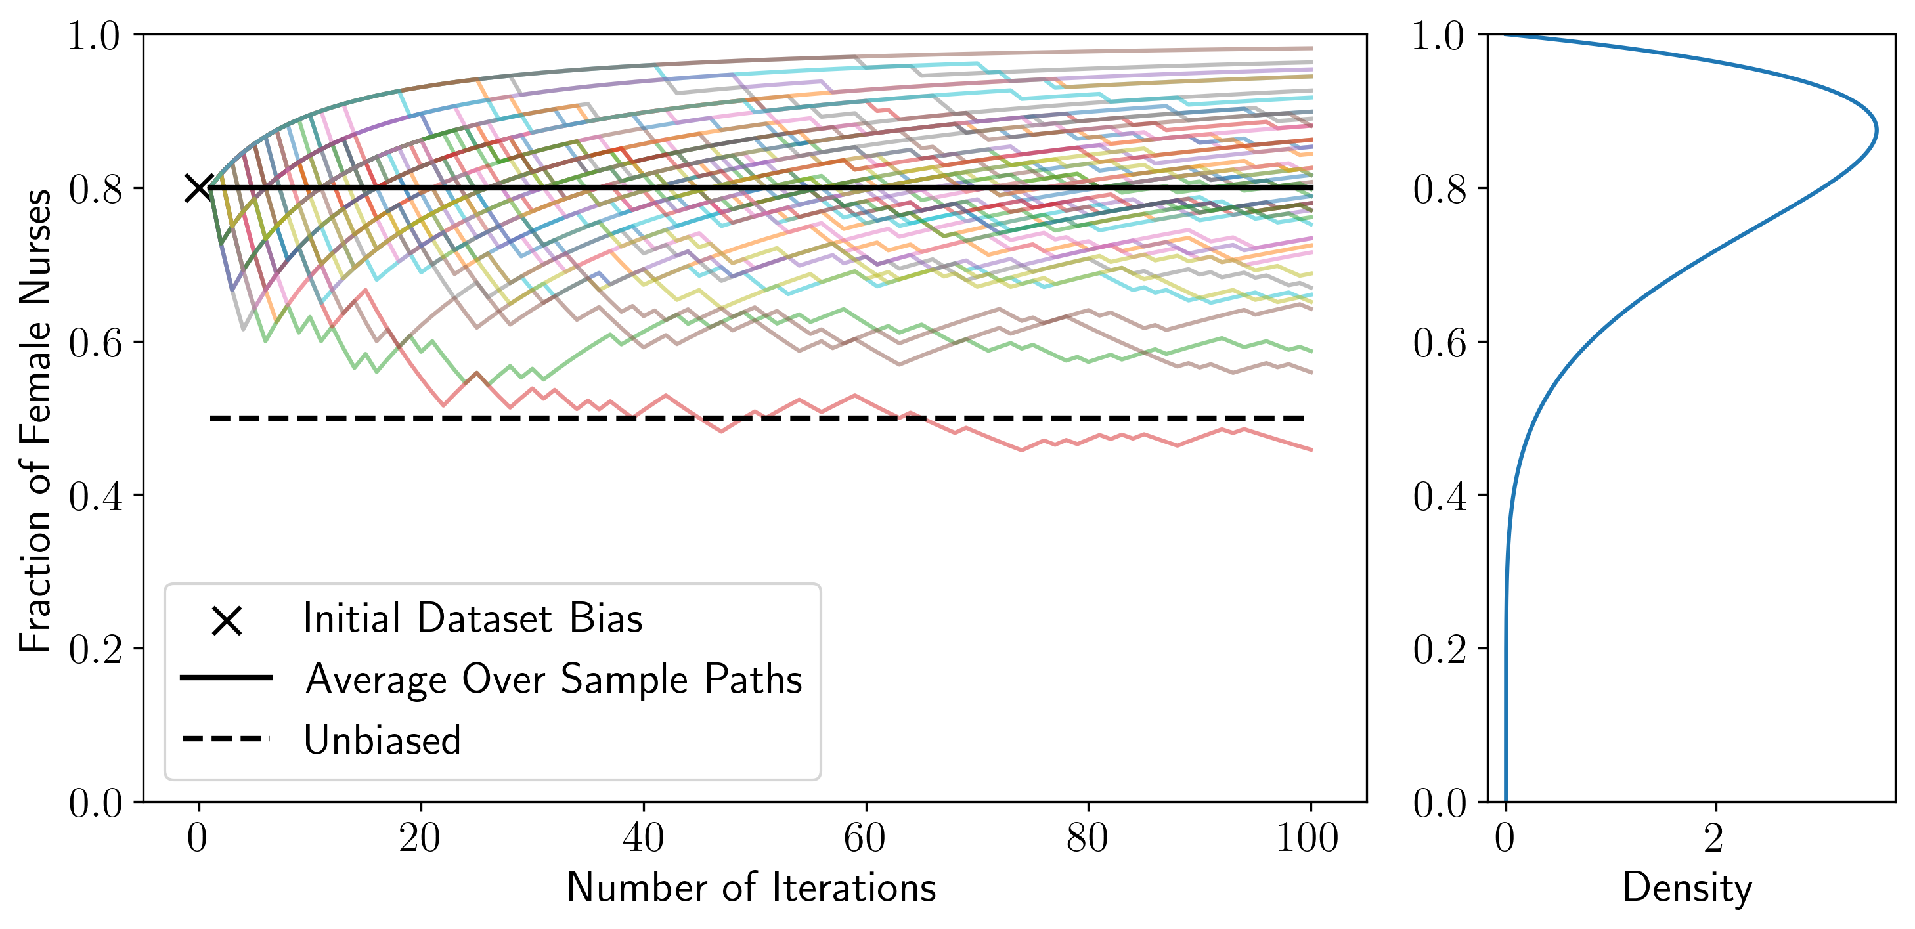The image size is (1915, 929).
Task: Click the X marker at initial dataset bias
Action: pyautogui.click(x=198, y=188)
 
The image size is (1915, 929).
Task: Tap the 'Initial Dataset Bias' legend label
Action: pyautogui.click(x=473, y=619)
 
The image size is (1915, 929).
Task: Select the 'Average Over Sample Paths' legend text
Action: pyautogui.click(x=554, y=680)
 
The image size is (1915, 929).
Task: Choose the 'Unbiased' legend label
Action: pyautogui.click(x=382, y=740)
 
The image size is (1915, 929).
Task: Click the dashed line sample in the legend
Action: pyautogui.click(x=226, y=739)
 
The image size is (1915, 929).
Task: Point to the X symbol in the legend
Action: pyautogui.click(x=227, y=620)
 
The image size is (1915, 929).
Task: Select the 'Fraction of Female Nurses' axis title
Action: pyautogui.click(x=35, y=421)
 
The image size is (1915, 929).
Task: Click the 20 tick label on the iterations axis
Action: pyautogui.click(x=420, y=838)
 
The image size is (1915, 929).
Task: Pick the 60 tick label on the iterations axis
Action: pyautogui.click(x=865, y=838)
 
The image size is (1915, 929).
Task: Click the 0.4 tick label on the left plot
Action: pyautogui.click(x=96, y=496)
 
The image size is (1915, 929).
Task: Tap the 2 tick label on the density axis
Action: pyautogui.click(x=1713, y=838)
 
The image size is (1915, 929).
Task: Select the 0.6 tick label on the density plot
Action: pyautogui.click(x=1440, y=343)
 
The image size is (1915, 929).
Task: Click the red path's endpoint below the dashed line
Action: pyautogui.click(x=1311, y=450)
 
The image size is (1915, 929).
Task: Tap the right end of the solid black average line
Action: pyautogui.click(x=1311, y=188)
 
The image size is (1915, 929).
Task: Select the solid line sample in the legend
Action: pyautogui.click(x=226, y=678)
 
